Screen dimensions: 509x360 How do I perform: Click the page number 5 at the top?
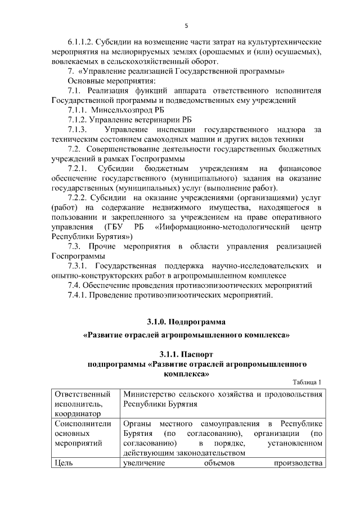tap(186, 25)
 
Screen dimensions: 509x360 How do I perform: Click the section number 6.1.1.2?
tap(79, 42)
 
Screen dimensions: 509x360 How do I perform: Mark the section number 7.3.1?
tap(80, 265)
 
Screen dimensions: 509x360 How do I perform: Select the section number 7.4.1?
tap(80, 295)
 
